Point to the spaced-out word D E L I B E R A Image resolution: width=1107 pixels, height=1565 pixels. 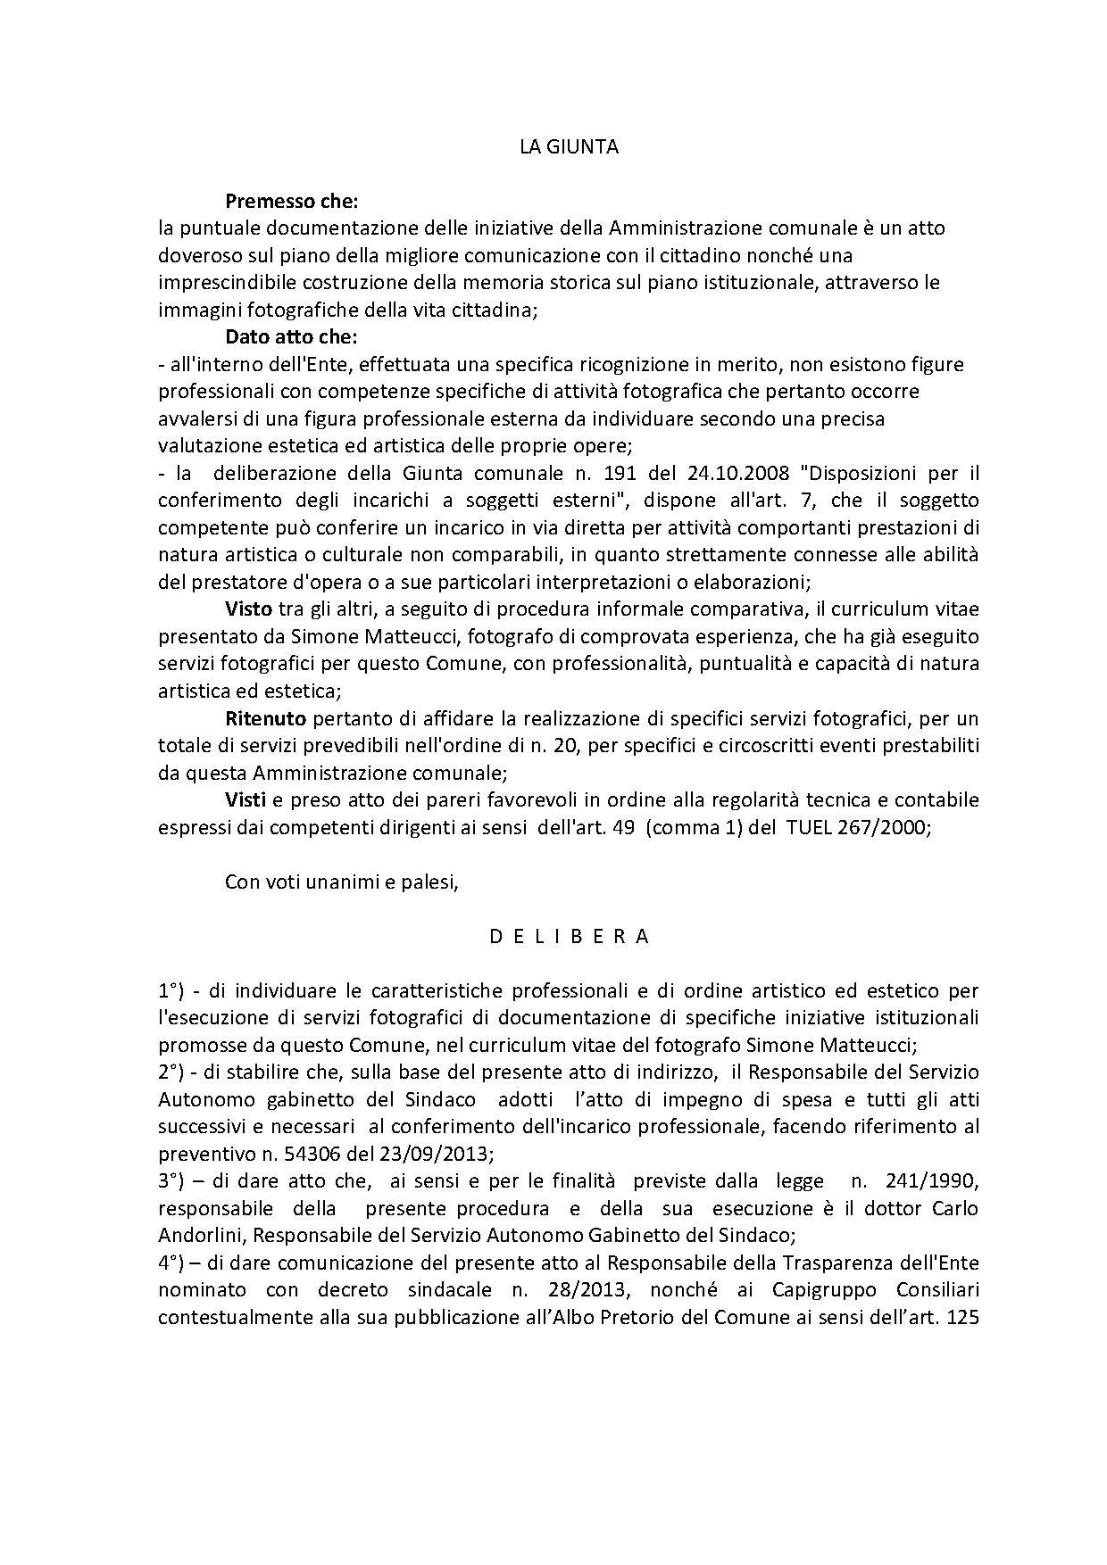point(569,937)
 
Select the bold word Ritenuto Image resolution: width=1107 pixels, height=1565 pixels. point(265,718)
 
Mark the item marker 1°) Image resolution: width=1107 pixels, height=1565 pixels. point(171,990)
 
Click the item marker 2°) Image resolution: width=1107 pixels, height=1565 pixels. point(171,1072)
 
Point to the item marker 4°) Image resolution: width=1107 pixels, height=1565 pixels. point(171,1263)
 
